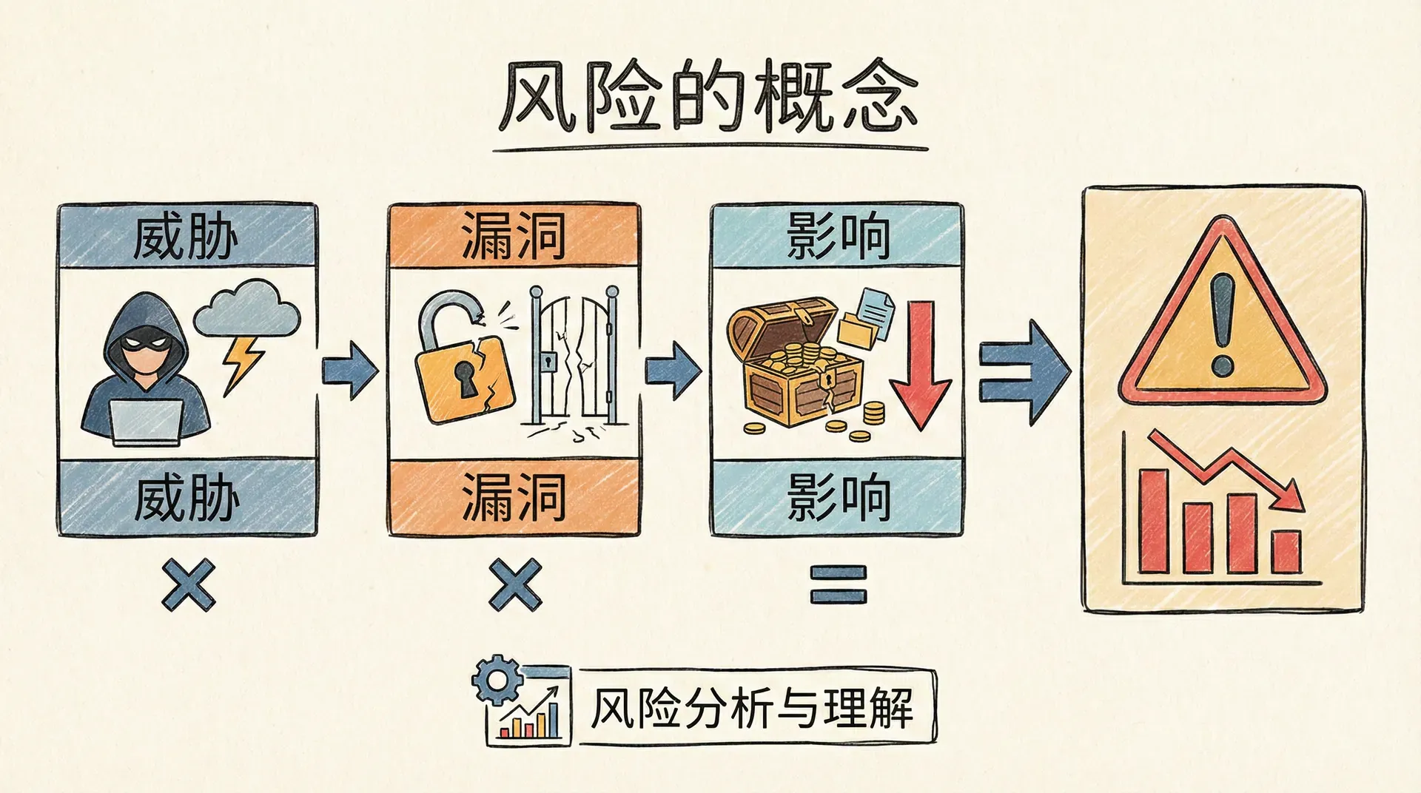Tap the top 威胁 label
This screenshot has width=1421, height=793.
(187, 237)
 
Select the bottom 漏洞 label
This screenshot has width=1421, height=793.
(514, 497)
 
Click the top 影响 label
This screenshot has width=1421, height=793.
(837, 236)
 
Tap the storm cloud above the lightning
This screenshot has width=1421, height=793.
(247, 309)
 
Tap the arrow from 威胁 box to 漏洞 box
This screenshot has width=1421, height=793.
(349, 370)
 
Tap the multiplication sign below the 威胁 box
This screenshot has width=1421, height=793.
(189, 584)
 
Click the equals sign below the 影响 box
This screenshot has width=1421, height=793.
(838, 584)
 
